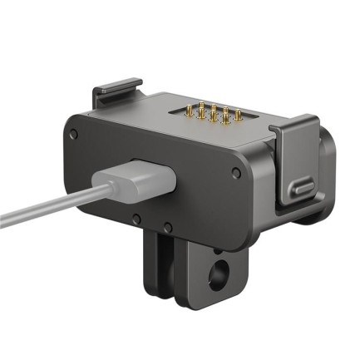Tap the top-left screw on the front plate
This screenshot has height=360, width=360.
[75, 133]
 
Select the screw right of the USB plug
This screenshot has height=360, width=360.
[237, 173]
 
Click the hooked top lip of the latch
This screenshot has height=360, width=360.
[295, 125]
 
